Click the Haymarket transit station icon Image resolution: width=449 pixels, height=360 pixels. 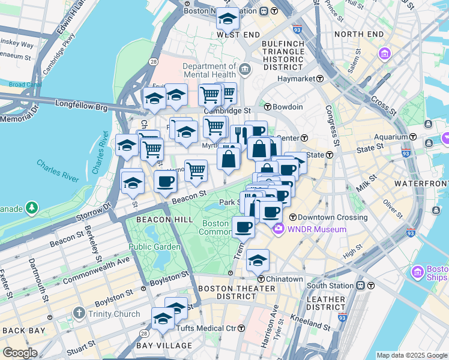pos(321,79)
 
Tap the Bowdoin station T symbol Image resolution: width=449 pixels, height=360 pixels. pos(268,107)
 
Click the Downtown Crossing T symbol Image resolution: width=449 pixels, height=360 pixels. pos(293,217)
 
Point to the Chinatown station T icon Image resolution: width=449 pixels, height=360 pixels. pos(261,279)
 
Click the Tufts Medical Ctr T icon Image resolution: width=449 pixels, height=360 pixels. pos(241,328)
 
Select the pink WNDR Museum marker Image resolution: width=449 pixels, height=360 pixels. pos(278,229)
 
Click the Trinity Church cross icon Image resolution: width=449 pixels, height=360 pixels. pos(79,313)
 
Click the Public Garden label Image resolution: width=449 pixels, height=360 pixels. pos(154,247)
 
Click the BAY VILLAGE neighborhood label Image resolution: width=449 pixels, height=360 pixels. pos(163,346)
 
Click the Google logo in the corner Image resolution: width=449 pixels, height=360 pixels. pos(19,352)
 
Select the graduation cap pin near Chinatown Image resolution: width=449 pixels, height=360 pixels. pos(258,260)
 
